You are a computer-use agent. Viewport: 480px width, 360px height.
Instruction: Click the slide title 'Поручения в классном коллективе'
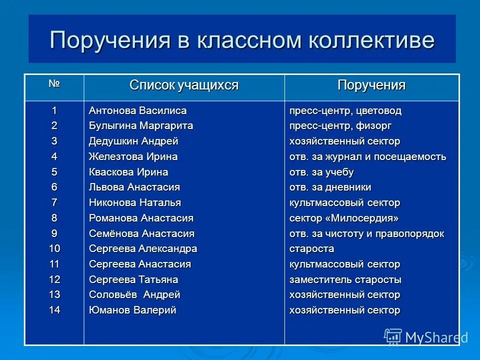click(x=241, y=40)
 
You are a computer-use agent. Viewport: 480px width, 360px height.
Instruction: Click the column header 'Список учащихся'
click(x=184, y=85)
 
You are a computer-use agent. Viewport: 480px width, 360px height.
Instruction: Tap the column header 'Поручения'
click(x=371, y=85)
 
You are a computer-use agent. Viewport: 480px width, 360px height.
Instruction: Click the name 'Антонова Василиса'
click(x=137, y=110)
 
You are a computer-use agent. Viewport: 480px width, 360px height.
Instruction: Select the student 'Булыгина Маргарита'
click(x=141, y=126)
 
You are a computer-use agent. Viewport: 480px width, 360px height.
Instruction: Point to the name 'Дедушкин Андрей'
click(x=133, y=141)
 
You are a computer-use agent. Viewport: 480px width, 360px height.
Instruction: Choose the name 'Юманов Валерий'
click(x=132, y=310)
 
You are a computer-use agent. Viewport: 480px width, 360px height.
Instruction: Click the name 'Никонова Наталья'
click(x=135, y=203)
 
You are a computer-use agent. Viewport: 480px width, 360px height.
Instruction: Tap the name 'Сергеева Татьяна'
click(x=133, y=279)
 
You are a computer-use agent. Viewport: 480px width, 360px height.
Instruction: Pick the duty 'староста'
click(x=312, y=249)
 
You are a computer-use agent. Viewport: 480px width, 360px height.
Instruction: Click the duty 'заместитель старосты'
click(x=345, y=279)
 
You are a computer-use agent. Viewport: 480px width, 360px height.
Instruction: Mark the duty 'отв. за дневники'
click(x=330, y=187)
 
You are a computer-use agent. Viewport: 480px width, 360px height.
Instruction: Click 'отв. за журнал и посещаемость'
click(x=367, y=157)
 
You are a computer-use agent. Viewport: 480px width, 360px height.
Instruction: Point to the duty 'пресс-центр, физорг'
click(x=340, y=126)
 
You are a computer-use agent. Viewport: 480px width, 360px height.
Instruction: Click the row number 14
click(x=54, y=310)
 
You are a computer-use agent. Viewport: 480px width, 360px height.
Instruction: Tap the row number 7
click(x=54, y=203)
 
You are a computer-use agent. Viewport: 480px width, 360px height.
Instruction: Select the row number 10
click(x=54, y=249)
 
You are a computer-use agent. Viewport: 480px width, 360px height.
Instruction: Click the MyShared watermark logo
click(x=426, y=337)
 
